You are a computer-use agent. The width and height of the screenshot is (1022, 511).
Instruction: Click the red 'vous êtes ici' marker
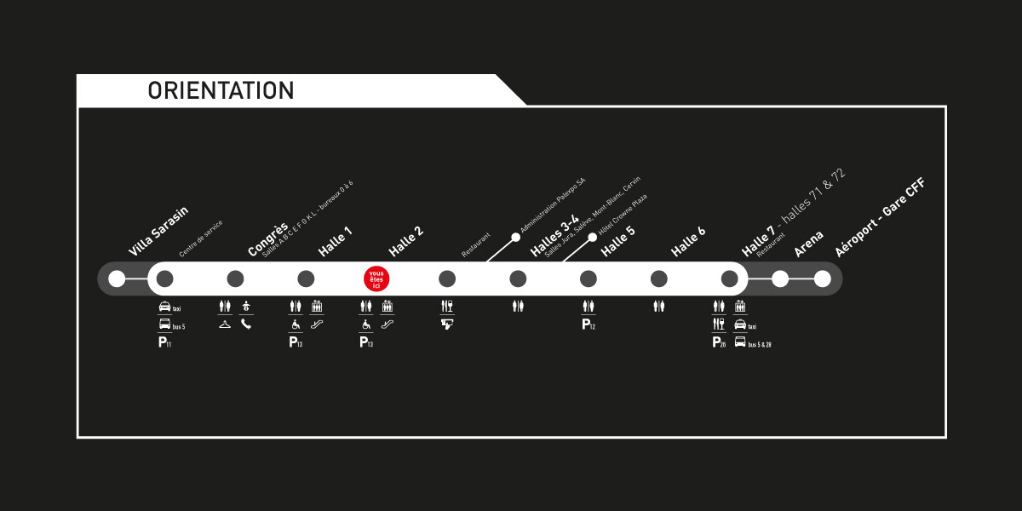376,278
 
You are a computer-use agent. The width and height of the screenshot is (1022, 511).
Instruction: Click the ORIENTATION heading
221,90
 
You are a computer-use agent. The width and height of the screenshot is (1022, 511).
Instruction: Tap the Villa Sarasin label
158,232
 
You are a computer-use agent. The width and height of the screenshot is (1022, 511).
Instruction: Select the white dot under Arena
780,278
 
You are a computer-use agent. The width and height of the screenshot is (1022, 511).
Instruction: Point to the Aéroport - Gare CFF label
879,217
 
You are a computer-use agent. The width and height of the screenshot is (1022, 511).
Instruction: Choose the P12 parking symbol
588,324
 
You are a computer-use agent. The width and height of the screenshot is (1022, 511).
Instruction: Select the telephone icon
246,324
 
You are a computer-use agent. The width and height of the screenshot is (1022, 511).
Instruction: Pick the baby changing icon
246,306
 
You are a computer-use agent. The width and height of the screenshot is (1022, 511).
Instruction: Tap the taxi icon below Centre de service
164,307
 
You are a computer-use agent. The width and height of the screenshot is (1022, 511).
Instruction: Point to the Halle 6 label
688,241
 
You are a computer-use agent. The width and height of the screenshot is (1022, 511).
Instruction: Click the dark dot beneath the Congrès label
236,278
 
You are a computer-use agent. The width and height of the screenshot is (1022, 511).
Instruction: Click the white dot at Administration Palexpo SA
515,238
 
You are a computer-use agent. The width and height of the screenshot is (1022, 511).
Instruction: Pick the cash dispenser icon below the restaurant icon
447,324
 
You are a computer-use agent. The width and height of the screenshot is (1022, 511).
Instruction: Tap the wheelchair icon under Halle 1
296,324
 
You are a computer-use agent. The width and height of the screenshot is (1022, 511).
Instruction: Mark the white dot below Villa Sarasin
117,278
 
